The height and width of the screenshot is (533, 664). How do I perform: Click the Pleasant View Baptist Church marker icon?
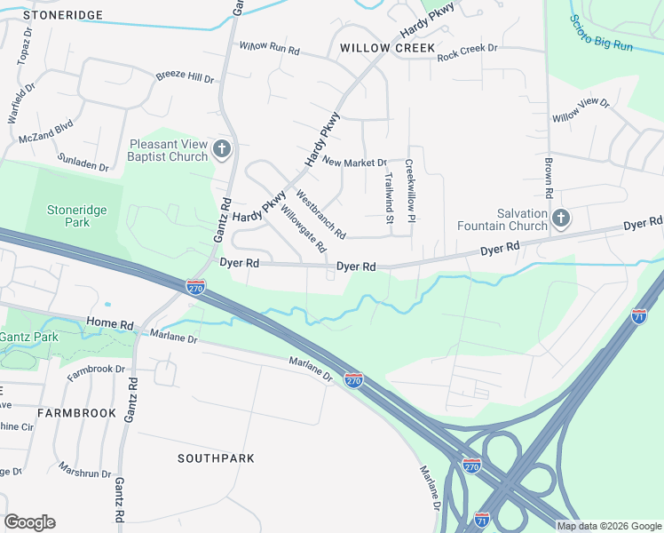tap(222, 149)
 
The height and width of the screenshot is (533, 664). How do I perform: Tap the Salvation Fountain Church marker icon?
tap(560, 219)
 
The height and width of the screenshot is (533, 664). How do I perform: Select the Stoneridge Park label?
tap(70, 216)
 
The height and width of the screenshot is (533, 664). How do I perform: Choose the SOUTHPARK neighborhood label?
tap(216, 458)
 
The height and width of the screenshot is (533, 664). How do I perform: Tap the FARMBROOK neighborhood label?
tap(76, 413)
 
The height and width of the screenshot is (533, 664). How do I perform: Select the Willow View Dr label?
tap(581, 110)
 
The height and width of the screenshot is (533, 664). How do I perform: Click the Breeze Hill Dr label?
tap(186, 77)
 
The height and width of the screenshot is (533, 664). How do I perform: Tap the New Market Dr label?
tap(355, 163)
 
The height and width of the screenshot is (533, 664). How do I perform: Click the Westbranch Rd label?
tap(320, 213)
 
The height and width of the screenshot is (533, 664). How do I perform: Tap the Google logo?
tap(29, 522)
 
